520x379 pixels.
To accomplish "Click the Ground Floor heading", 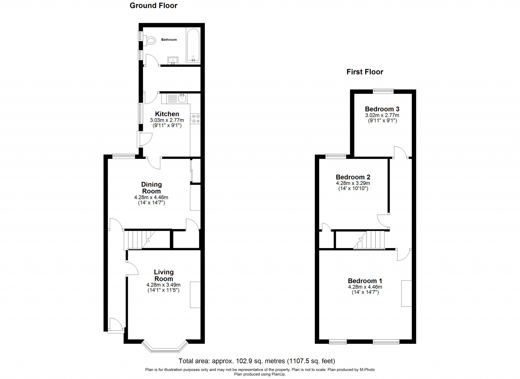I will [153, 6].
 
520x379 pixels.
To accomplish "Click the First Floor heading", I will [365, 72].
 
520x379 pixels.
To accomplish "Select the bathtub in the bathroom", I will [193, 45].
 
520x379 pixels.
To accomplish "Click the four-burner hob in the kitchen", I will [196, 119].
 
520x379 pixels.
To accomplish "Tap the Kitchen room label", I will [167, 114].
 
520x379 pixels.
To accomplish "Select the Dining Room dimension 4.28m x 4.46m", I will [151, 197].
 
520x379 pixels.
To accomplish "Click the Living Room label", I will [163, 275].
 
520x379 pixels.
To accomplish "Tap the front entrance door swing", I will [116, 325].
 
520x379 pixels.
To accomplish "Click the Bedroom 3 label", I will [382, 109].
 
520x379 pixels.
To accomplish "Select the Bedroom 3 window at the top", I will [383, 91].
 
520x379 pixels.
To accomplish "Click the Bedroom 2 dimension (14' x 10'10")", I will [353, 188].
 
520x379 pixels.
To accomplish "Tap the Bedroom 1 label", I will [365, 281].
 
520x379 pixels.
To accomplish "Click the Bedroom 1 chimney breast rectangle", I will [406, 293].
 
